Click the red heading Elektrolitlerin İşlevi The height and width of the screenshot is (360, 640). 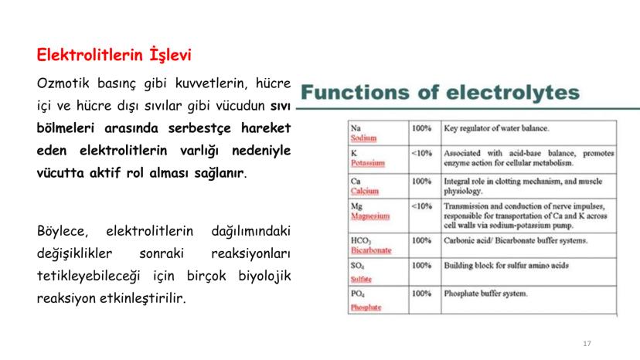[114, 56]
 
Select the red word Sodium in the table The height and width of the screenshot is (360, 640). [363, 138]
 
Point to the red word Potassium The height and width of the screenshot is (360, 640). [368, 163]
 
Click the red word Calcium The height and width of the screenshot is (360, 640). [365, 190]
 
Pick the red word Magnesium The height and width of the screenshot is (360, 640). [369, 216]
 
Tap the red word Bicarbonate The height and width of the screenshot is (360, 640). [371, 250]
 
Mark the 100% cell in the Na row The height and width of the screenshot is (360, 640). [421, 127]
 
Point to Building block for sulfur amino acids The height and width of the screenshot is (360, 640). [506, 265]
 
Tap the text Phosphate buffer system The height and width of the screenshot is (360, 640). [485, 294]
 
